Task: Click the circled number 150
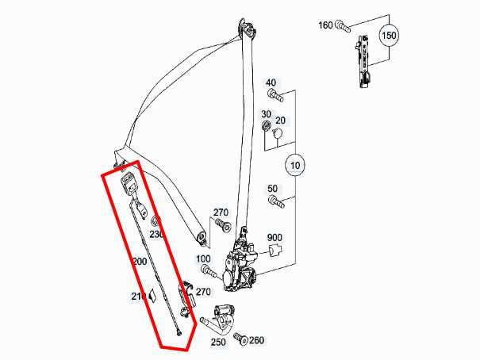click(x=389, y=36)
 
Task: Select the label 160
click(x=325, y=25)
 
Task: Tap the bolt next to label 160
click(x=342, y=26)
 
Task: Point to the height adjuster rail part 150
click(x=364, y=59)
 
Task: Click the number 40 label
click(x=271, y=82)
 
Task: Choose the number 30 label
click(x=267, y=114)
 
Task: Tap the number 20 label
click(x=280, y=121)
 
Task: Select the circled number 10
click(x=294, y=166)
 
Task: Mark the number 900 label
click(x=275, y=238)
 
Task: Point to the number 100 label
click(x=203, y=259)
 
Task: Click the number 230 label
click(x=156, y=235)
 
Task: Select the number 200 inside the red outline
click(x=140, y=261)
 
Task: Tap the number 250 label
click(x=218, y=342)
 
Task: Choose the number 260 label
click(x=255, y=341)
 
